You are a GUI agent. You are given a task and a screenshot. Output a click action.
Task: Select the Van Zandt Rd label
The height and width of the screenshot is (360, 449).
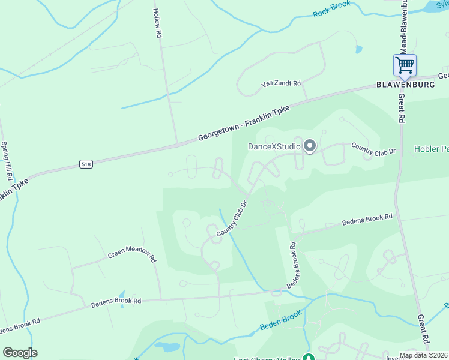(x=280, y=84)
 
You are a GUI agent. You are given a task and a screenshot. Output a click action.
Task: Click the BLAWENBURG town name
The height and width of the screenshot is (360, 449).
(x=405, y=85)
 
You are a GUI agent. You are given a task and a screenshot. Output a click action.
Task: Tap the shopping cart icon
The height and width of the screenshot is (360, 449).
(x=405, y=64)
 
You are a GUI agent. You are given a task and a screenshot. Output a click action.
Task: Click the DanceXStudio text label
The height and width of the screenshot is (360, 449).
(x=274, y=146)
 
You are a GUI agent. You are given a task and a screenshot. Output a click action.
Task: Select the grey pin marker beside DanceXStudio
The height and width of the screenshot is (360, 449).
(x=310, y=146)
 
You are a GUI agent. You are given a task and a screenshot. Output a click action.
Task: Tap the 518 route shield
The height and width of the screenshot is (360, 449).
(x=86, y=164)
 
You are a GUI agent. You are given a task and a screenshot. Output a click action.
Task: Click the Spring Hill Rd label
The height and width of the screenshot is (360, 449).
(x=7, y=162)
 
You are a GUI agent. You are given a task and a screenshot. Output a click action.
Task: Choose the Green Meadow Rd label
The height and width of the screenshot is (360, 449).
(x=132, y=256)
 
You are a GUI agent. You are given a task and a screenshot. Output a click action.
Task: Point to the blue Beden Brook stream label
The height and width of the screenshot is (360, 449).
(x=280, y=321)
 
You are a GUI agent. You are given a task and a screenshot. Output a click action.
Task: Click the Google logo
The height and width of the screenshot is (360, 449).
(x=20, y=353)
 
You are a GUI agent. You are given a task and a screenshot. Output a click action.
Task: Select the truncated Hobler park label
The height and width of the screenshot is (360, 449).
(x=431, y=149)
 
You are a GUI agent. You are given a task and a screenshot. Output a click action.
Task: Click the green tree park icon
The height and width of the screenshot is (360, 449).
(x=309, y=358)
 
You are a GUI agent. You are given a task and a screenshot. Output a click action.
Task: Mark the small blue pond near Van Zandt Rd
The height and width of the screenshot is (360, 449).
(x=359, y=49)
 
